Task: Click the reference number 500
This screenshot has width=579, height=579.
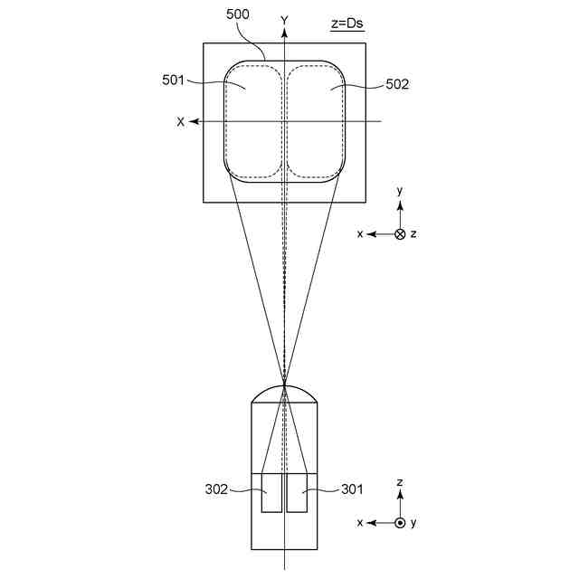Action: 237,14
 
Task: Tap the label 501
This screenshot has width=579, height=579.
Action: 173,80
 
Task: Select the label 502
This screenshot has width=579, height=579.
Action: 397,84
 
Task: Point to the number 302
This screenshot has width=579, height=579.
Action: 216,489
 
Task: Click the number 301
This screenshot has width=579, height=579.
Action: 352,489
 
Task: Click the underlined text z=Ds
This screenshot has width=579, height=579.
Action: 347,24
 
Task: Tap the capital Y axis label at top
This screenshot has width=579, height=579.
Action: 284,20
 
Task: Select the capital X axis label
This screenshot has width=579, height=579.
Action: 180,122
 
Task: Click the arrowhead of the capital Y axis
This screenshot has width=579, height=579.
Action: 284,33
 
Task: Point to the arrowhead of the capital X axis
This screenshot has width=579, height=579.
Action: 194,121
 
